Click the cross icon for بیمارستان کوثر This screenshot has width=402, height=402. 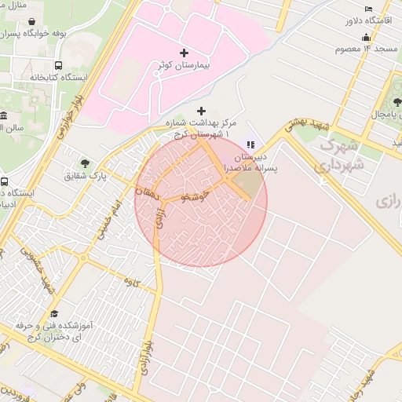(185, 53)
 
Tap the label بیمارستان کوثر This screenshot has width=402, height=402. (185, 66)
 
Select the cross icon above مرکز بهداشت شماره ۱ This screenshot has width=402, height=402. (202, 111)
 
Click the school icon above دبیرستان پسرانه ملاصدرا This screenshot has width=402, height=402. (250, 144)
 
